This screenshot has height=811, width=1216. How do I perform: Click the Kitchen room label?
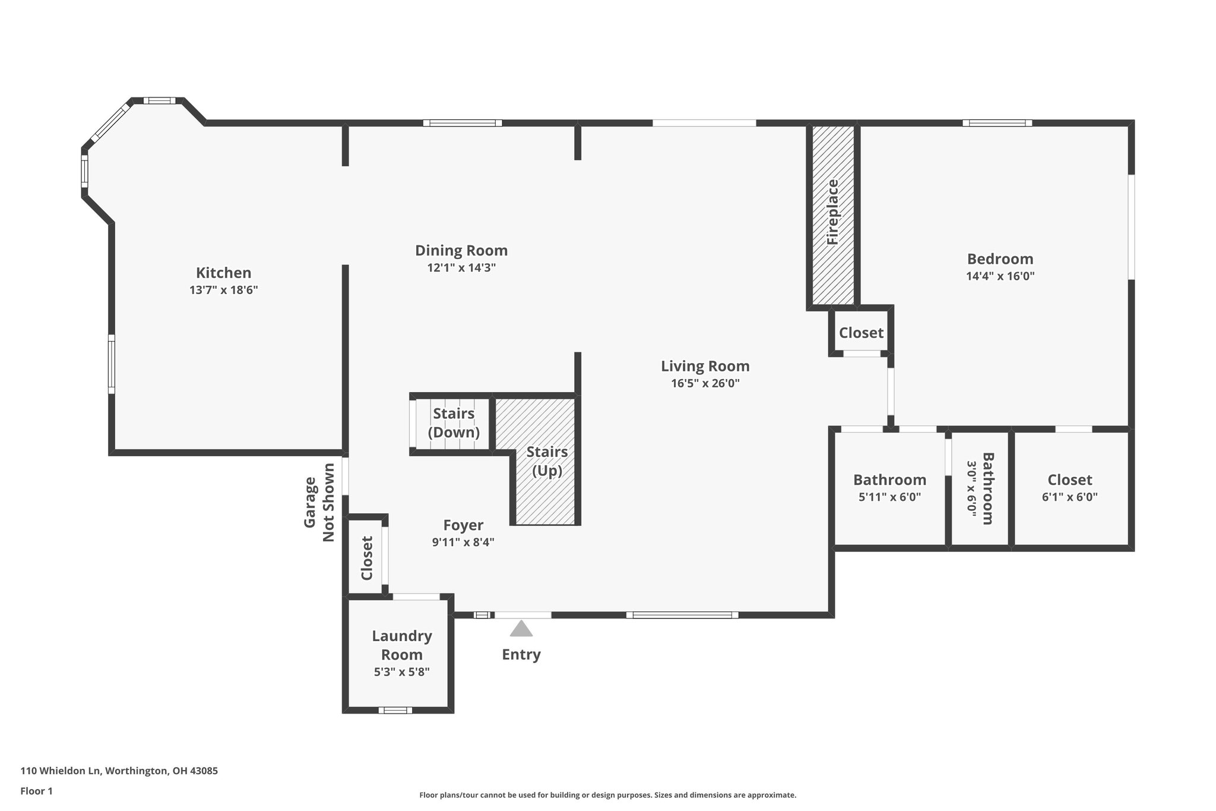coord(224,273)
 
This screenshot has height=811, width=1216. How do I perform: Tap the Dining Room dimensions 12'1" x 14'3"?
coord(461,268)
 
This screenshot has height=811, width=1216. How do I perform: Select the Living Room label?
coord(705,366)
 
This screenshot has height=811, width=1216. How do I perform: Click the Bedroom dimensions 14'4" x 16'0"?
coord(1000,276)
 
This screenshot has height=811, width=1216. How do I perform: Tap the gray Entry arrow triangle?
coord(521,629)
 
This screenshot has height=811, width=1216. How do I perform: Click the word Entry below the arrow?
coord(521,655)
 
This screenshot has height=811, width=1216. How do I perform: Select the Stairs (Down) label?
coord(454,422)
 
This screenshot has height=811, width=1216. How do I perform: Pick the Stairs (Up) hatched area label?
coord(547,461)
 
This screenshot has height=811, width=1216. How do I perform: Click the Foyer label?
coord(463,525)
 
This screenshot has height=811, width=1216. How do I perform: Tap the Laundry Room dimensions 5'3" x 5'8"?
coord(401,672)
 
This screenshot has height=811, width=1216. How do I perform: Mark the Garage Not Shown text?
coord(319,502)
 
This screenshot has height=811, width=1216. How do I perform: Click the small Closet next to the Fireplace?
coord(861,333)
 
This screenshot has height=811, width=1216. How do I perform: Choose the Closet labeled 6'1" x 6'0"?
coord(1069,488)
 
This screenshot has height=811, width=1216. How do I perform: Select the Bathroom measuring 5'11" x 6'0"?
coord(889,488)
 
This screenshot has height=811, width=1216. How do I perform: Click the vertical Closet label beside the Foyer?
coord(366,558)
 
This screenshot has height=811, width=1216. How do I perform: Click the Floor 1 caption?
coord(37,791)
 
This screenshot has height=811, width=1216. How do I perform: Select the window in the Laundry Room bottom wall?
coord(395,710)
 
